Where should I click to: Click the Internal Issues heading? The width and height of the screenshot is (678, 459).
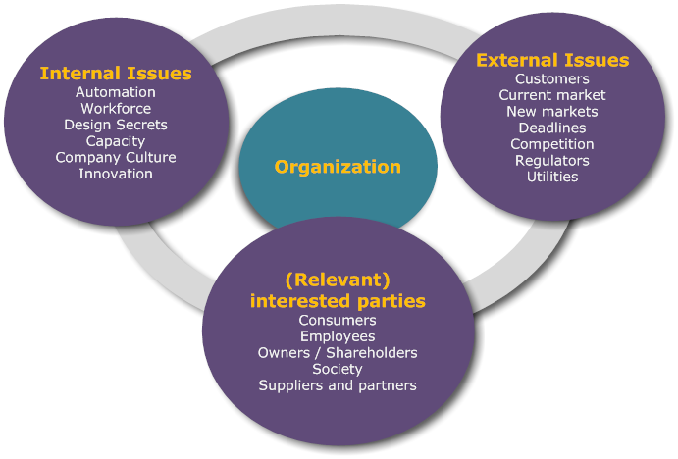click(116, 74)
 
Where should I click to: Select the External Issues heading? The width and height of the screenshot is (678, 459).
click(552, 61)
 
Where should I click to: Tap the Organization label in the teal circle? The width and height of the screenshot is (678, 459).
click(338, 167)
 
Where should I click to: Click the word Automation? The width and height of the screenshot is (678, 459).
click(116, 92)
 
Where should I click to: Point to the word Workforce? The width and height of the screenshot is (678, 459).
click(116, 109)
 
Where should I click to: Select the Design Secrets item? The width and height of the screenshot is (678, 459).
click(116, 125)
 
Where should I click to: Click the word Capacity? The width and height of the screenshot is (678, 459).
click(116, 141)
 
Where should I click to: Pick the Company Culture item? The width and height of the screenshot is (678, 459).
click(116, 157)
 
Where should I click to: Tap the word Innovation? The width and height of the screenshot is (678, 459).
click(116, 174)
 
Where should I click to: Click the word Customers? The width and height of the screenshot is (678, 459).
click(552, 79)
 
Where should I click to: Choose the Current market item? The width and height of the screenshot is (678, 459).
click(552, 95)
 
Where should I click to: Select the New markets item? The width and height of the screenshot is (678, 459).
click(552, 112)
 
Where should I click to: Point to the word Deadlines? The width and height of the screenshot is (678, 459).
click(552, 127)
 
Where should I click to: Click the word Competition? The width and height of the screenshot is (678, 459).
click(552, 144)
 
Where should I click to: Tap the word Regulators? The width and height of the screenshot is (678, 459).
click(552, 160)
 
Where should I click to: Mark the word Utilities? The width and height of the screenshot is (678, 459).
click(552, 177)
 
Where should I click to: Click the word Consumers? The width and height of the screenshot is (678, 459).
click(338, 321)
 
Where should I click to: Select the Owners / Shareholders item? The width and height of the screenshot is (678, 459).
click(338, 353)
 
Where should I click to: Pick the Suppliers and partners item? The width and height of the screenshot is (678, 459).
click(338, 385)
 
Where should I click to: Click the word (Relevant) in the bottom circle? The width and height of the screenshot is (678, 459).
click(338, 280)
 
